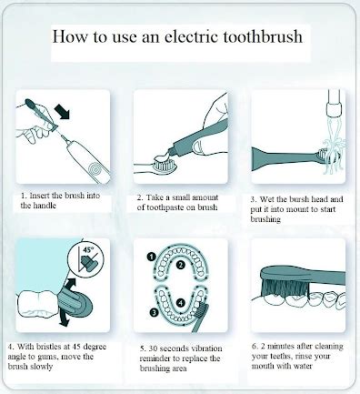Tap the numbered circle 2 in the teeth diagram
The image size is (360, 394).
181,266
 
